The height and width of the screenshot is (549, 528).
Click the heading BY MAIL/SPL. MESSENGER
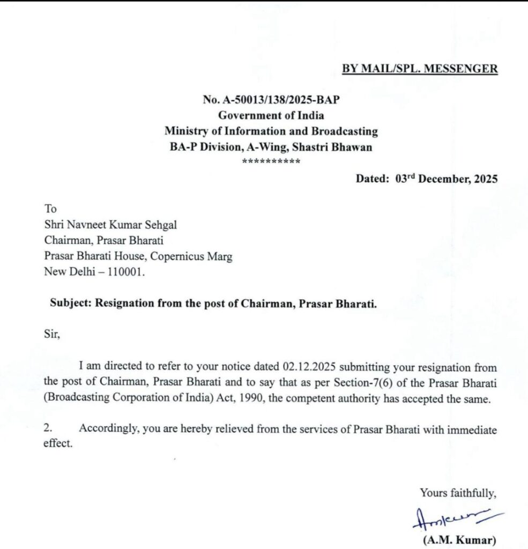(420, 69)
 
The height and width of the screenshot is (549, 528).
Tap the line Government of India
(271, 115)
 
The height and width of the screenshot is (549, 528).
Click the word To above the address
(50, 209)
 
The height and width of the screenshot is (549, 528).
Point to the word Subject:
(71, 303)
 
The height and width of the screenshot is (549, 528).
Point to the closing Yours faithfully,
(458, 492)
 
